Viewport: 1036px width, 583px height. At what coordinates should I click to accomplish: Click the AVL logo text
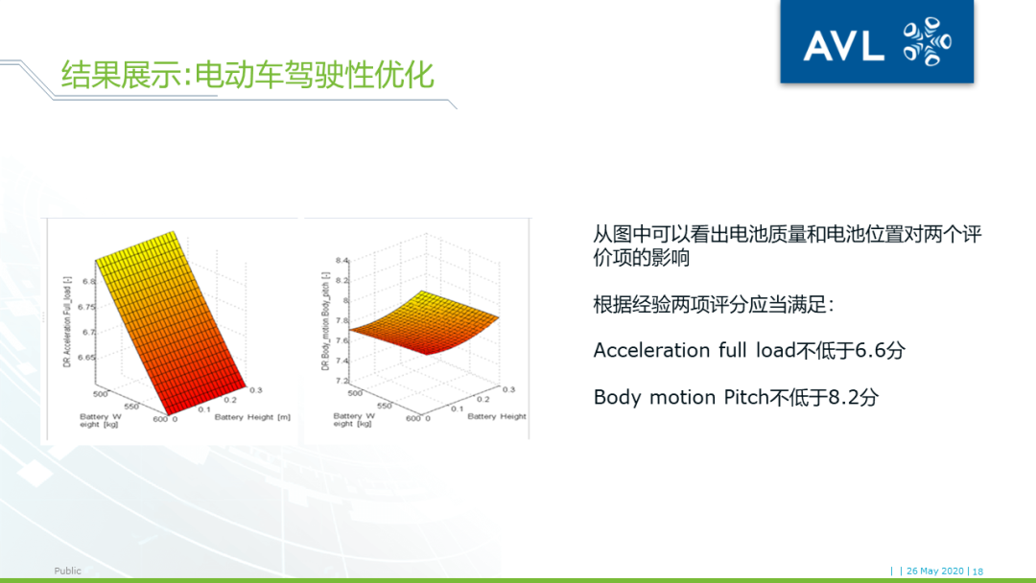(x=843, y=46)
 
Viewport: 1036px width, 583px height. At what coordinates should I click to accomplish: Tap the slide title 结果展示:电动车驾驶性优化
(x=247, y=75)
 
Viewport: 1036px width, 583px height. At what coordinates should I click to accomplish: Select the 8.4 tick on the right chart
(x=342, y=261)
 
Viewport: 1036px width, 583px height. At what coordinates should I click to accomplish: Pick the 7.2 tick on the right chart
(x=342, y=381)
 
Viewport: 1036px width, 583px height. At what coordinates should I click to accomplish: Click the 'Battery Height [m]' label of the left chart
(x=252, y=417)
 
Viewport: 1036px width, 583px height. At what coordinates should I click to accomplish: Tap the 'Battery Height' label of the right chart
(x=497, y=416)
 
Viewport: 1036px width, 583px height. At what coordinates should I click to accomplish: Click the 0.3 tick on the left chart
(x=256, y=390)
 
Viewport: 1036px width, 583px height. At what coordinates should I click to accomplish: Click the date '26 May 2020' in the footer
(x=935, y=571)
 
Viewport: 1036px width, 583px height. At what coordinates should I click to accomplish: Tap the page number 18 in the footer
(x=977, y=571)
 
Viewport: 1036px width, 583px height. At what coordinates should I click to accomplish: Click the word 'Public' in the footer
(x=67, y=571)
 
